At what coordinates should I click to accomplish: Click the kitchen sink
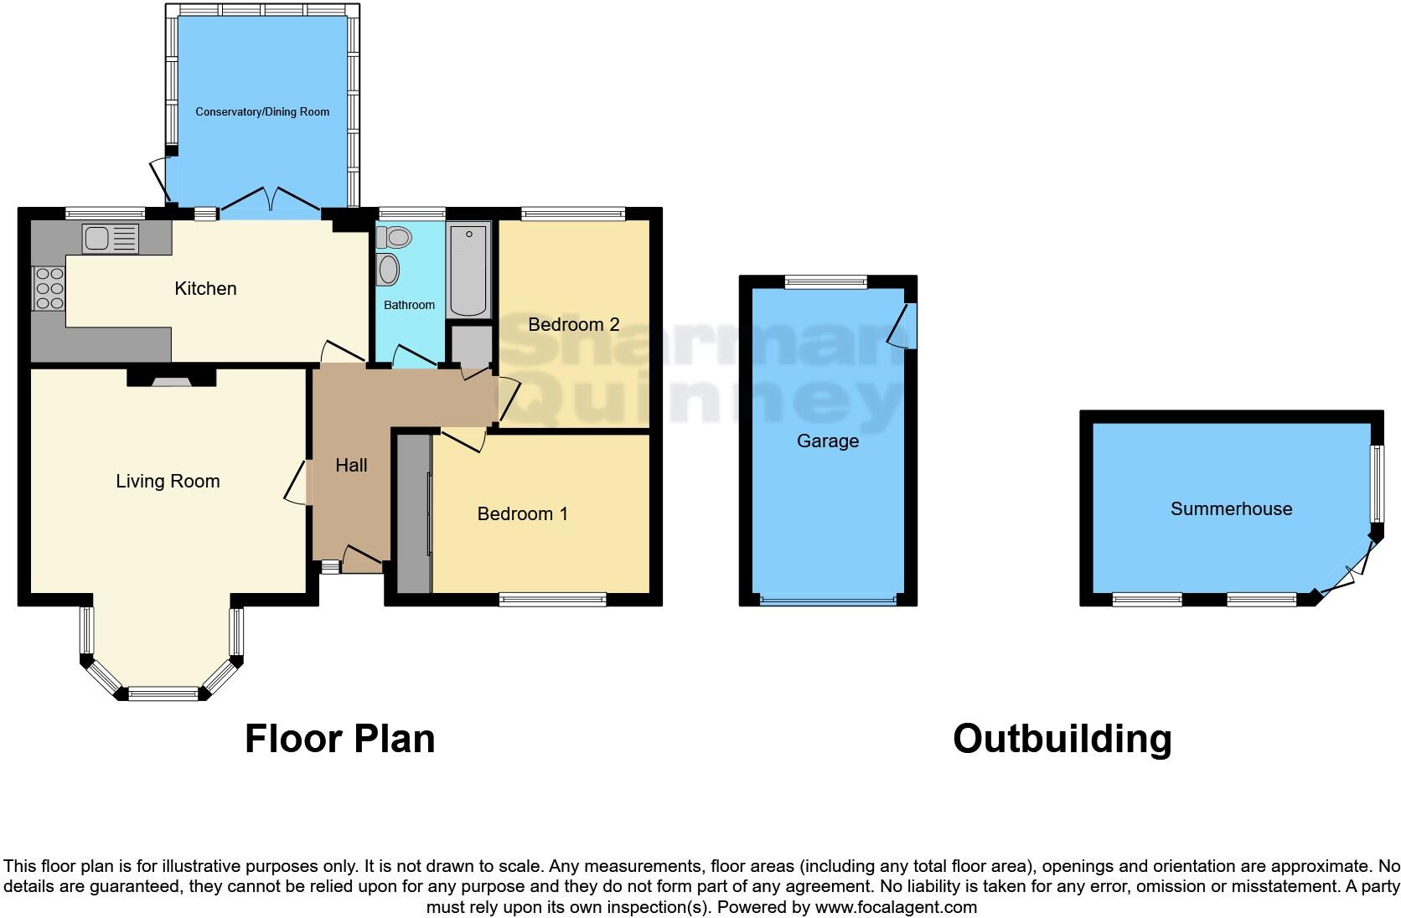[x=110, y=238]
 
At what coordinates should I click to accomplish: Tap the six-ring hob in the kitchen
[x=49, y=287]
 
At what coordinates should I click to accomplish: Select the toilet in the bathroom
[x=395, y=238]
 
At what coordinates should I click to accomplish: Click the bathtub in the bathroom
[x=468, y=270]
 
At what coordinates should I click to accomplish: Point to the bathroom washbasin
[x=389, y=271]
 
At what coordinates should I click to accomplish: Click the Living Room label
[x=168, y=481]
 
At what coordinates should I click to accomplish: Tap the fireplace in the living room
[x=171, y=379]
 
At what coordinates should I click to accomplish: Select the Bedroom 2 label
[x=573, y=324]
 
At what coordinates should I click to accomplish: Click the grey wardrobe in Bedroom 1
[x=413, y=513]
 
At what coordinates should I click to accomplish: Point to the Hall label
[x=351, y=465]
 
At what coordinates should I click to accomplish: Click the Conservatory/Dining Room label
[x=262, y=111]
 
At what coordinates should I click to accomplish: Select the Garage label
[x=827, y=441]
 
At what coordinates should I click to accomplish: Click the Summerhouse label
[x=1231, y=508]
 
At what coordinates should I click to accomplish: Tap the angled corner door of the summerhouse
[x=1347, y=570]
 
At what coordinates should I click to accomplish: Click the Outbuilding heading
[x=1062, y=739]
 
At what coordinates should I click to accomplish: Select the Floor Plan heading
[x=339, y=739]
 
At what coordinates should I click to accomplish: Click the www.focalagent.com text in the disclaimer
[x=896, y=906]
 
